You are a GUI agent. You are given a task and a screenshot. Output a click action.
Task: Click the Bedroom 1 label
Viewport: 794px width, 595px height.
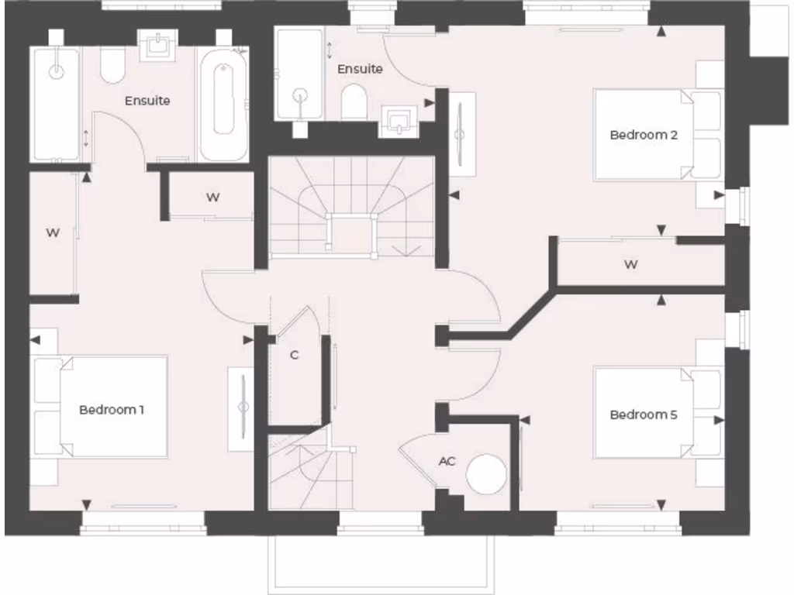pos(112,409)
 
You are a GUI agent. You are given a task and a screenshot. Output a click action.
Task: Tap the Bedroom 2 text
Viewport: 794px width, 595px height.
pos(644,135)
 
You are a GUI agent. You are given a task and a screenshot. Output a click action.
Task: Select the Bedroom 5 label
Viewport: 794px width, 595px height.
pos(644,414)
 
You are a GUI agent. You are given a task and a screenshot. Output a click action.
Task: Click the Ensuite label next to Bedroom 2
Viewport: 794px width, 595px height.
pos(360,69)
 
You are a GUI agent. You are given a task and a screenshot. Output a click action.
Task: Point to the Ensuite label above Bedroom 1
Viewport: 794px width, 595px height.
pos(147,101)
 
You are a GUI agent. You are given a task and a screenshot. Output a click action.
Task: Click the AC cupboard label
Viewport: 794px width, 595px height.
pos(447,461)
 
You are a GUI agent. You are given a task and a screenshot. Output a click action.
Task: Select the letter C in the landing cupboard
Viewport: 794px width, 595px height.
pos(295,356)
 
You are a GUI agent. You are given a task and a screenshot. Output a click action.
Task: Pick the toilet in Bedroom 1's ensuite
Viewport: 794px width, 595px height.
pos(113,66)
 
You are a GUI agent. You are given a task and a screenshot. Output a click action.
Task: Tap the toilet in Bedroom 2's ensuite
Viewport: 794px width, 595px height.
pos(354,103)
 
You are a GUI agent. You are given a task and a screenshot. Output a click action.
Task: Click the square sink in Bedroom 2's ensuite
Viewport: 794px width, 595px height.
pos(399,121)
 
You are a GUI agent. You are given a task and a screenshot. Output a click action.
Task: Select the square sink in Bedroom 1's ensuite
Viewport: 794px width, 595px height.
pos(157,46)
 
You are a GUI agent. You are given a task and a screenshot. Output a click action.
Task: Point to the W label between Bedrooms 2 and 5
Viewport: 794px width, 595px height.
pos(631,264)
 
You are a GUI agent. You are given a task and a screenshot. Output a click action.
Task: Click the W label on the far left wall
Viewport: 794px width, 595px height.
pos(52,232)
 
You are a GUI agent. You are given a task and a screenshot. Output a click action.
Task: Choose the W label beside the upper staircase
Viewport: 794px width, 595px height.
pos(212,197)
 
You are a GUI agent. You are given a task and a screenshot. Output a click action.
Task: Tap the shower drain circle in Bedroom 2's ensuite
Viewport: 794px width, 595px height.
pos(299,95)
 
